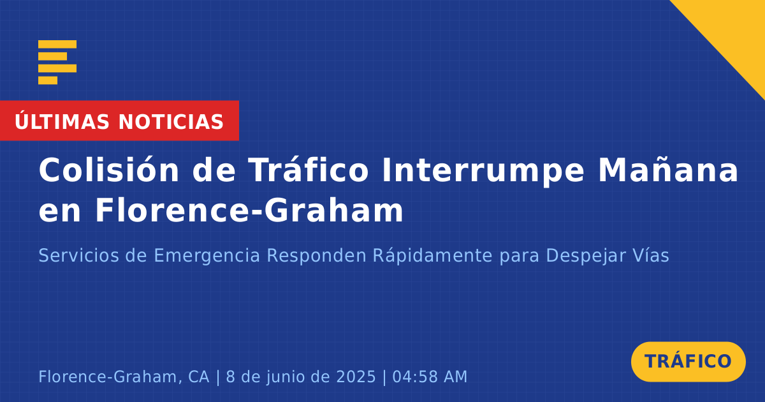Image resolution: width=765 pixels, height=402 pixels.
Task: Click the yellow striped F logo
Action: (57, 63)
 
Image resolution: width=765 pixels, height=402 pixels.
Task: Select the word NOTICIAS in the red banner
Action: (171, 122)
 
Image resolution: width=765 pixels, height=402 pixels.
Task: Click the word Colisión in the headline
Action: (108, 170)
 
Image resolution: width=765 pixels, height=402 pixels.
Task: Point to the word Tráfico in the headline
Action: (308, 170)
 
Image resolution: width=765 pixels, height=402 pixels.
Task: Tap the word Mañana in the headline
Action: (668, 170)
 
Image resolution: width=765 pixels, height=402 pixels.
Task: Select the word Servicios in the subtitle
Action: (78, 255)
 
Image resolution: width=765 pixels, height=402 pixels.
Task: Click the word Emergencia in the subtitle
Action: (207, 256)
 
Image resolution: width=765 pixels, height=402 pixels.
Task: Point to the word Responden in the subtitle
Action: (317, 256)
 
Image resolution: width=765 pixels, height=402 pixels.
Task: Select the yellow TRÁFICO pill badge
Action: (688, 362)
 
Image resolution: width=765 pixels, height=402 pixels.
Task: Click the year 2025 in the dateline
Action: (356, 376)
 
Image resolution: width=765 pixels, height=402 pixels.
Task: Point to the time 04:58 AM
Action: (430, 376)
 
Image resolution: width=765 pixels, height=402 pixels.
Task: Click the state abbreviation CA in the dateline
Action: (198, 376)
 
